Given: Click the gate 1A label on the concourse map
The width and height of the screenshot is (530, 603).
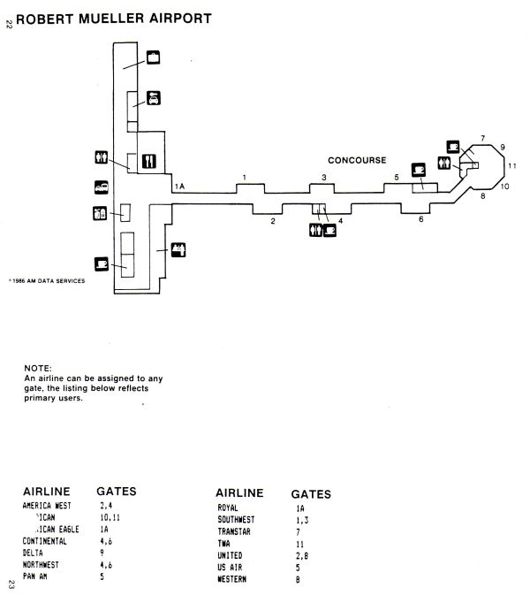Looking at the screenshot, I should tap(179, 187).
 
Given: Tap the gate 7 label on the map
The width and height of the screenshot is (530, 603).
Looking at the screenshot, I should tap(482, 138).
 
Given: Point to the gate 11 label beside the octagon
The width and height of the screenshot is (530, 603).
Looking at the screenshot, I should tap(511, 166).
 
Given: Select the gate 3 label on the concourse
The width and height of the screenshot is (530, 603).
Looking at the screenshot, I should tap(324, 178).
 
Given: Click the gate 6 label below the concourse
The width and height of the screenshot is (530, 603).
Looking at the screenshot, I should tap(420, 218).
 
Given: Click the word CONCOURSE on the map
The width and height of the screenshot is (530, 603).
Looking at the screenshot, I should tap(357, 160).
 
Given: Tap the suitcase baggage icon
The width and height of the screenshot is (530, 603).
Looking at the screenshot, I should tap(153, 59).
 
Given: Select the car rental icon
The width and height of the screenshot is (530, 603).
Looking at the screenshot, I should tap(153, 98).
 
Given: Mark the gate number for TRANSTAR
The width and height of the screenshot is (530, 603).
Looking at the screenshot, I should tap(299, 532).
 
